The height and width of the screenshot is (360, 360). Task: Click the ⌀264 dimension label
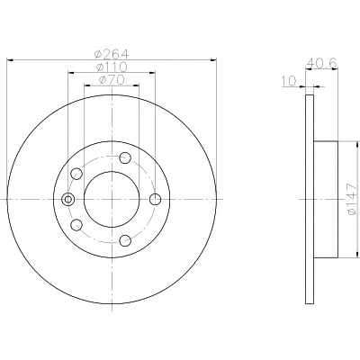pyautogui.click(x=112, y=54)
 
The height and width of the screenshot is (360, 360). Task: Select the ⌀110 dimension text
pyautogui.click(x=112, y=67)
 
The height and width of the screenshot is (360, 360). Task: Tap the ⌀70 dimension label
pyautogui.click(x=112, y=80)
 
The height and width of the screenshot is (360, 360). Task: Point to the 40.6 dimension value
pyautogui.click(x=322, y=63)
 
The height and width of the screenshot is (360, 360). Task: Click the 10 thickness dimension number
pyautogui.click(x=289, y=80)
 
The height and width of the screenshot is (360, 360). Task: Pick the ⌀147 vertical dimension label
pyautogui.click(x=352, y=199)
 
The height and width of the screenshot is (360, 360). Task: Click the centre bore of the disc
pyautogui.click(x=112, y=199)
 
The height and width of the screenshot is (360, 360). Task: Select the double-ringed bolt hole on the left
pyautogui.click(x=68, y=199)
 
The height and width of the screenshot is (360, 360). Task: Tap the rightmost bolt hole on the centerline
pyautogui.click(x=155, y=199)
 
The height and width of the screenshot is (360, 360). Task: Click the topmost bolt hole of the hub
pyautogui.click(x=125, y=157)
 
